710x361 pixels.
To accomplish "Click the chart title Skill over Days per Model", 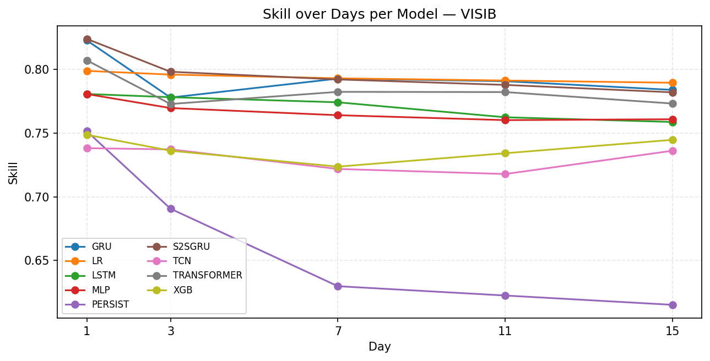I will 380,14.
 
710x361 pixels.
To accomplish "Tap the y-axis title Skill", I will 13,172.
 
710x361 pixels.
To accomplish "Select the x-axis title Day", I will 380,347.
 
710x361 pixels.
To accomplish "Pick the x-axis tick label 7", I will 338,331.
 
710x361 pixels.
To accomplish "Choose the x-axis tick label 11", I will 505,331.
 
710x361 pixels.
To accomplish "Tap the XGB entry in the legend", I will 182,290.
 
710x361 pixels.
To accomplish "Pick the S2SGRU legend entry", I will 191,247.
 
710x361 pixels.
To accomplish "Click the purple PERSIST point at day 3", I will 171,209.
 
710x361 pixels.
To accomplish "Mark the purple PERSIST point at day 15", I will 673,305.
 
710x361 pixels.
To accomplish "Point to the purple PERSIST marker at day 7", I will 338,286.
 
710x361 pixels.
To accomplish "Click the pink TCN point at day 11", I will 505,174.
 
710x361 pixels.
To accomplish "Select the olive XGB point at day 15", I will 673,140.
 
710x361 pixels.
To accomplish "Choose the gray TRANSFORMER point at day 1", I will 87,61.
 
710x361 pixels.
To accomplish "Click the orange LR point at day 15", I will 673,83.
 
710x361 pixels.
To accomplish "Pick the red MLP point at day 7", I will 338,115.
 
